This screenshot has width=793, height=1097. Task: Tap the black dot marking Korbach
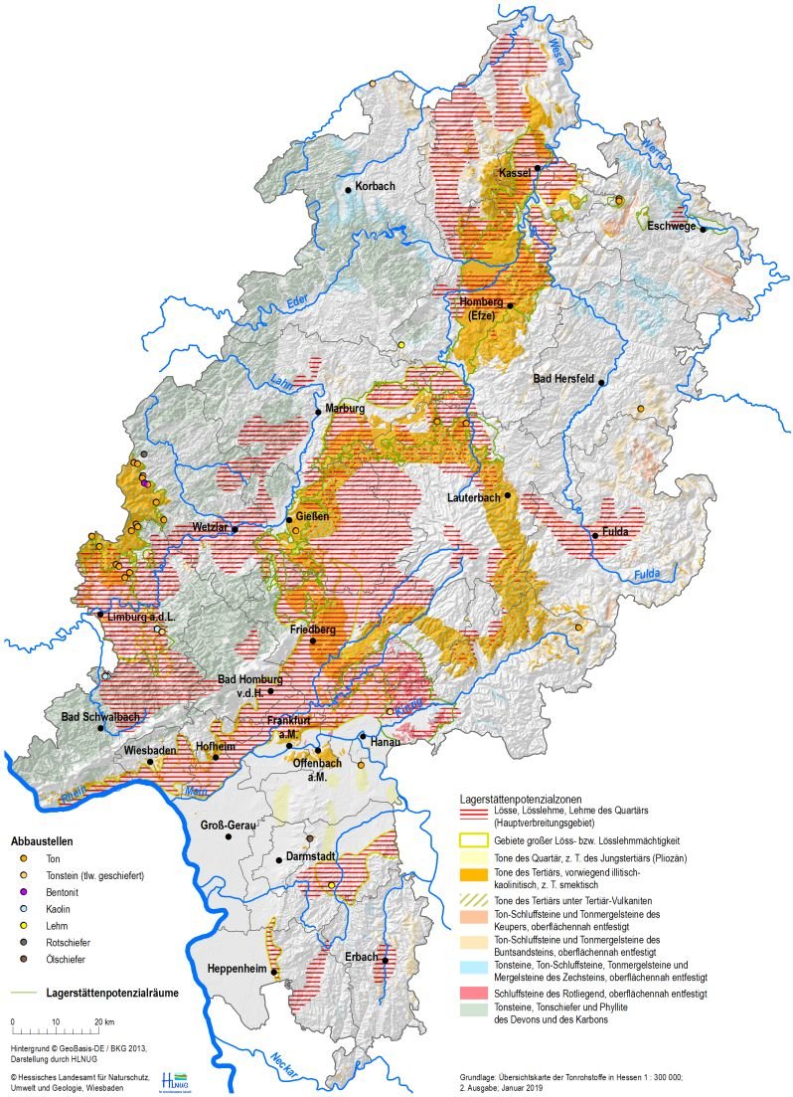(348, 190)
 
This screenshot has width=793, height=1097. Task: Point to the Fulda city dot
(595, 536)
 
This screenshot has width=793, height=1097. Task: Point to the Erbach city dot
(385, 960)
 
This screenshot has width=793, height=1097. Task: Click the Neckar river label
(276, 1068)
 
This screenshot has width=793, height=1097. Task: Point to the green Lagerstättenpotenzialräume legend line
(24, 992)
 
